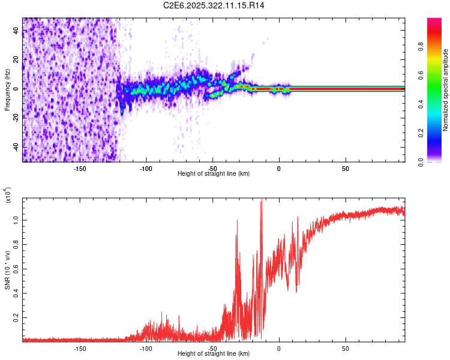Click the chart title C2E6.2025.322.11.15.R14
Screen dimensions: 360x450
214,5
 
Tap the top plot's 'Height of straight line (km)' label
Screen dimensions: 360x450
214,173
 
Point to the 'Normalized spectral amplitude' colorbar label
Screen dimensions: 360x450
446,90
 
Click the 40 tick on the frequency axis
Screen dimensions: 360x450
16,31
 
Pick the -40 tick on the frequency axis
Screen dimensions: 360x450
15,147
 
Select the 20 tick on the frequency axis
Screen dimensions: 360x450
16,60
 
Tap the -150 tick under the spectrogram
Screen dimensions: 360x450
80,168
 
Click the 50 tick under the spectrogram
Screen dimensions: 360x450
346,168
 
